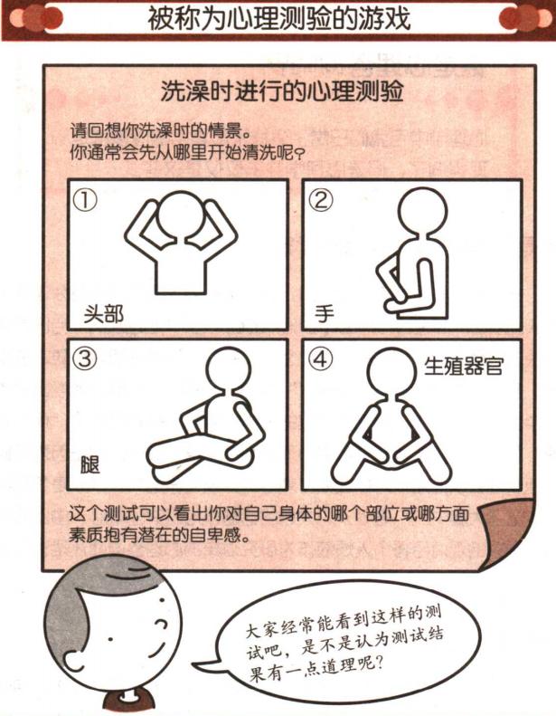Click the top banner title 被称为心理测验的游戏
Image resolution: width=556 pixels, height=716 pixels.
pos(278,19)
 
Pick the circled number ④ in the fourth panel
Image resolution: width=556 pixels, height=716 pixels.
pos(320,359)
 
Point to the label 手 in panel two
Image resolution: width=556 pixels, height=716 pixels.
pos(324,314)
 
